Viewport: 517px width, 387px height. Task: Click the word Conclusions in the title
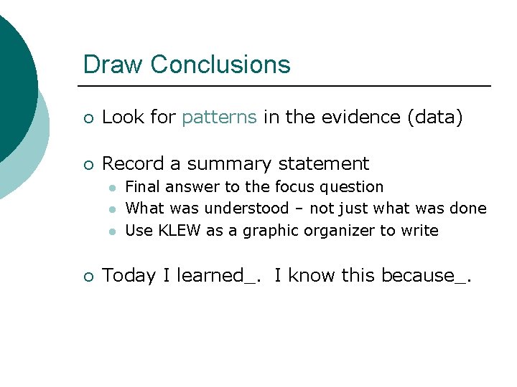[x=220, y=64]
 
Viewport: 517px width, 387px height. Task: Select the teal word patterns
[x=219, y=118]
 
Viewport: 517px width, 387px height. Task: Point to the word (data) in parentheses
[x=434, y=118]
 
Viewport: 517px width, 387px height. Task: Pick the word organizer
[x=341, y=231]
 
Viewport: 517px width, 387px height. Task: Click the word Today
[x=129, y=276]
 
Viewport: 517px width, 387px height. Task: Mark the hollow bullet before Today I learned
[x=88, y=277]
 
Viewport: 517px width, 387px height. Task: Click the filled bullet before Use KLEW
[x=112, y=231]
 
